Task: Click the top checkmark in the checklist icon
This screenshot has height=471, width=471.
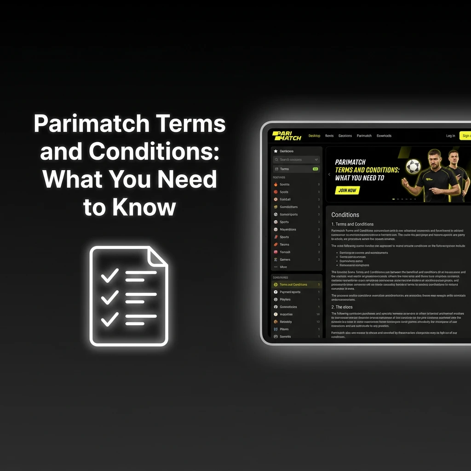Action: [x=110, y=275]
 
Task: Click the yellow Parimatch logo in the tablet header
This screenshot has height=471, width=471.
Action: [x=287, y=136]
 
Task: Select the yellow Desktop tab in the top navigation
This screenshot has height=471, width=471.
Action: [x=314, y=136]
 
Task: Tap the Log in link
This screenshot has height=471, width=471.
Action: [x=450, y=136]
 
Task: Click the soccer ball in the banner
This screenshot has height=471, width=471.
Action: [x=414, y=167]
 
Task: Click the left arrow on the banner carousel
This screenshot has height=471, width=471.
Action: [x=329, y=174]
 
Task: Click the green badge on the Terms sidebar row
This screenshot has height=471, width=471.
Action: [x=315, y=169]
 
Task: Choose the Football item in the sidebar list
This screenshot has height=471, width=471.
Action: [x=285, y=199]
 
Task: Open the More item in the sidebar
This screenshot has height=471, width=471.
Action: [x=283, y=267]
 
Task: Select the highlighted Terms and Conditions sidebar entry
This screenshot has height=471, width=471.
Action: [x=293, y=285]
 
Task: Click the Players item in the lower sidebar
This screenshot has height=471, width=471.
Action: [x=285, y=299]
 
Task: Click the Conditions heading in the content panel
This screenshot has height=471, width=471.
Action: [x=345, y=215]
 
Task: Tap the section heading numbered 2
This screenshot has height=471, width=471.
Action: [x=342, y=307]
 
